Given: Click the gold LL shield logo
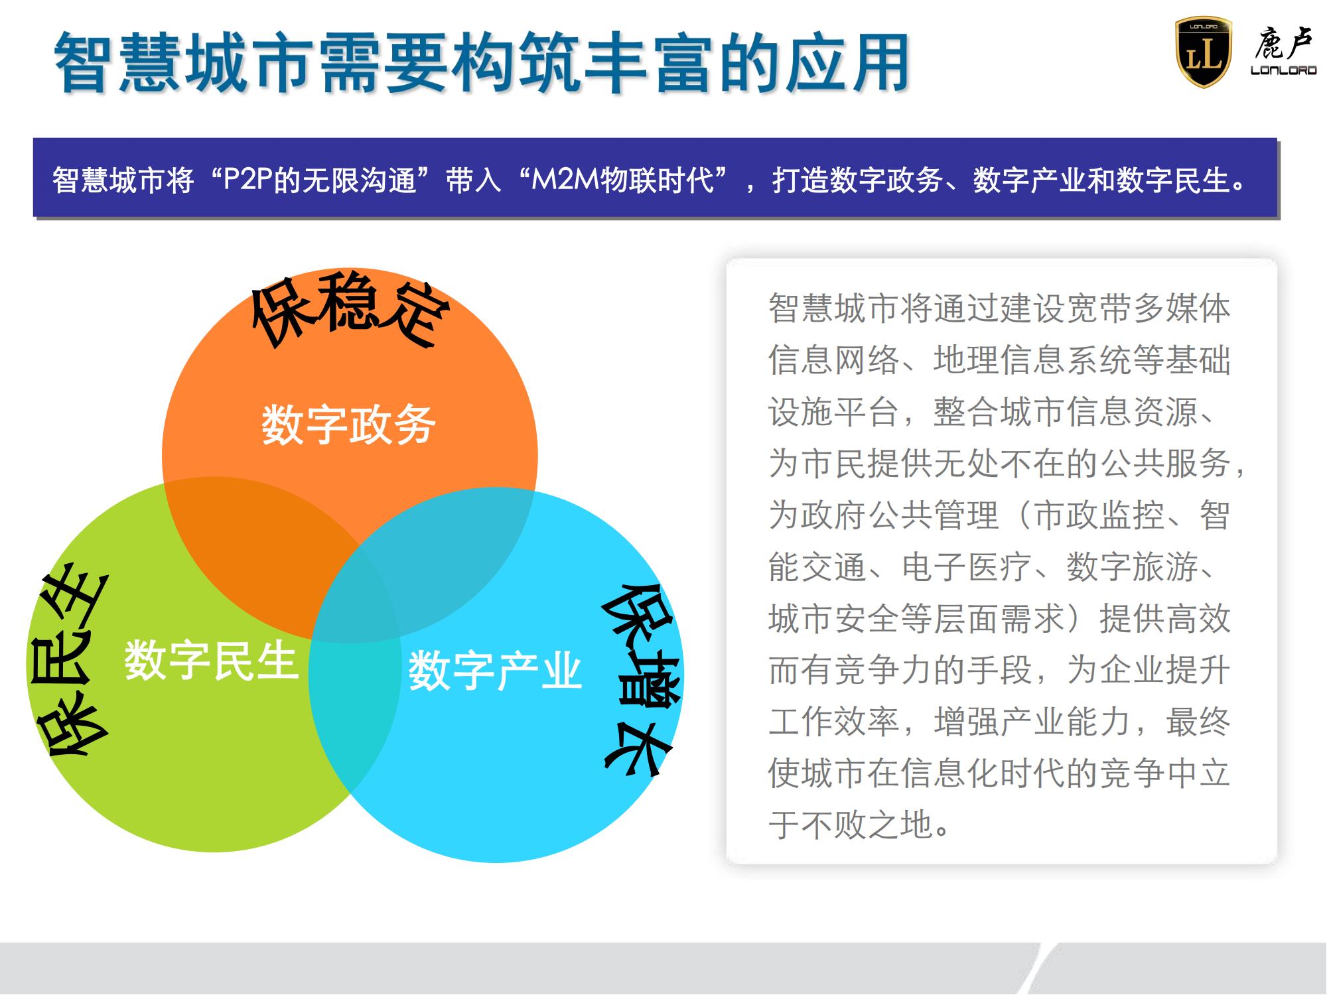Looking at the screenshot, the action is (x=1203, y=52).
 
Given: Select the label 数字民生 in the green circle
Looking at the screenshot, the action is (x=211, y=660).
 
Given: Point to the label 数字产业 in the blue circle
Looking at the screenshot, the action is (x=495, y=671).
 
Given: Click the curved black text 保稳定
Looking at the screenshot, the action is (x=350, y=310).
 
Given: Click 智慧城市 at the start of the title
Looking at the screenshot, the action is (x=181, y=63).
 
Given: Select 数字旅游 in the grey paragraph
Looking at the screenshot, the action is (x=1131, y=567).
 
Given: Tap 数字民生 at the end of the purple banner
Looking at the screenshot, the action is (x=1172, y=180).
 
